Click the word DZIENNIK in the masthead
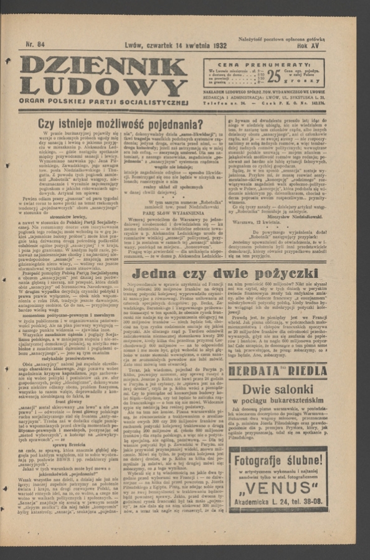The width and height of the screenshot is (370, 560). coord(103,66)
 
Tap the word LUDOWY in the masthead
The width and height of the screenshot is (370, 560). coord(103,85)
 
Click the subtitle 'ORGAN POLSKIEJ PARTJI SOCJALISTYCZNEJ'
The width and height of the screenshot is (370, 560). coord(103,101)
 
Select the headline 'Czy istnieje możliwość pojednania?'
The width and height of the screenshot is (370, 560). coord(120,124)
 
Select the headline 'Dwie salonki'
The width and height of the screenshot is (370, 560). coord(277,390)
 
